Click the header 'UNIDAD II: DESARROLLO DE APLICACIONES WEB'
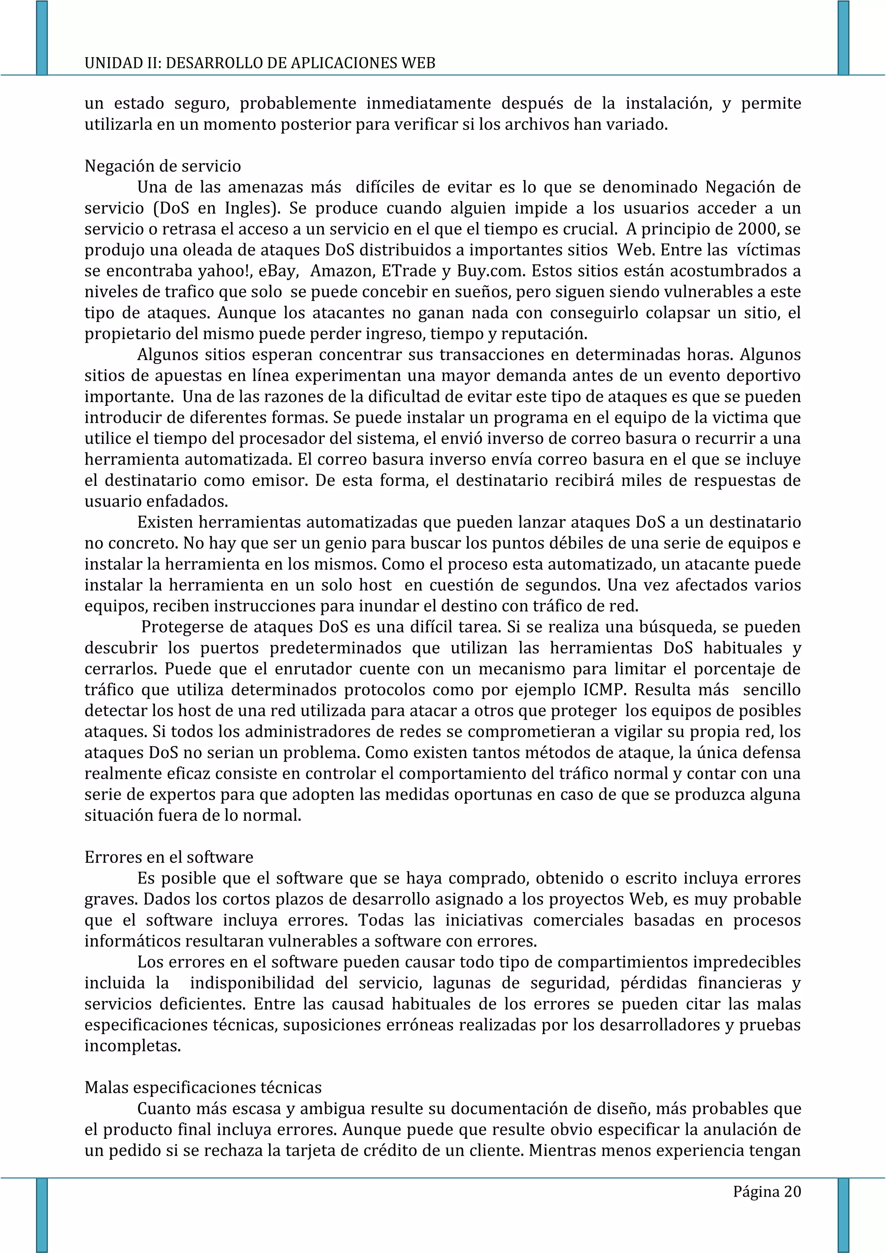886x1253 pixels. (260, 63)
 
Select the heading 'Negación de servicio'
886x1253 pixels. (163, 166)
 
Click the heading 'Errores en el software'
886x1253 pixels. (169, 858)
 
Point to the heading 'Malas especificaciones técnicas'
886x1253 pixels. (203, 1088)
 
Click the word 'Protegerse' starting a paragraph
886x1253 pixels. (183, 627)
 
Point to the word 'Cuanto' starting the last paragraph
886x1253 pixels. (164, 1109)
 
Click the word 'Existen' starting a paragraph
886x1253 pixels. (165, 523)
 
